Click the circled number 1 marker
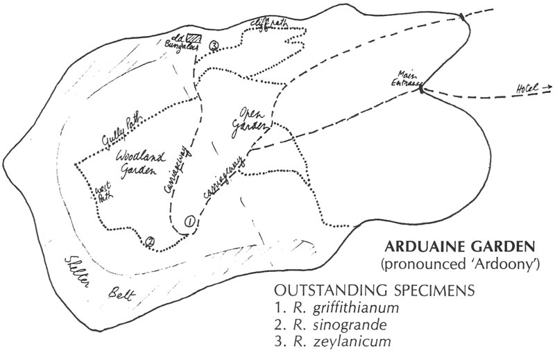tap(189, 222)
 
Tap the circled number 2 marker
tap(149, 242)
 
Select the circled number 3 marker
tap(214, 46)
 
